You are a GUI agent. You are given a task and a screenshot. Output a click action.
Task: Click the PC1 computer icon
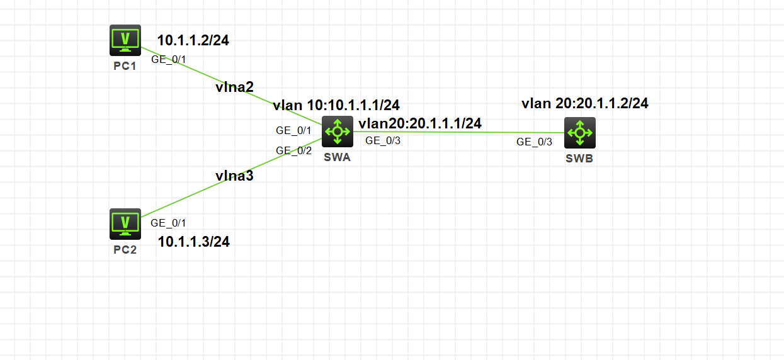coord(125,40)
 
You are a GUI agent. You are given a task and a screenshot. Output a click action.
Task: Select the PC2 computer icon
coord(125,223)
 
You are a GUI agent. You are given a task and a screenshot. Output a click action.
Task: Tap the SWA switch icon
coord(338,132)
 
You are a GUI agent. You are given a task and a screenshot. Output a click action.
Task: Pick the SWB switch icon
coord(579,133)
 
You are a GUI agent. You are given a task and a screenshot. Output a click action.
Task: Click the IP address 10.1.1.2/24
coord(193,41)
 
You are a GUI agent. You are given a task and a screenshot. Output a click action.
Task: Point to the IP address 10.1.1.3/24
coord(193,242)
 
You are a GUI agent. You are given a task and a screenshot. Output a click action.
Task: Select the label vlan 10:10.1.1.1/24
coord(336,105)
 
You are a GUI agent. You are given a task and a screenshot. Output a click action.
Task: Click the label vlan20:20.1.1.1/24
coord(420,123)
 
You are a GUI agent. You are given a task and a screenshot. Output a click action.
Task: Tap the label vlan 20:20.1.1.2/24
coord(584,103)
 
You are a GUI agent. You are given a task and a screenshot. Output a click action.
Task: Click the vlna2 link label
coord(234,87)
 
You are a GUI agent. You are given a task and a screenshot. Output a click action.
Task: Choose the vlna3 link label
coord(234,176)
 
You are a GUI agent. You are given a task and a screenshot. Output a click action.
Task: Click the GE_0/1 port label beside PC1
coord(169,60)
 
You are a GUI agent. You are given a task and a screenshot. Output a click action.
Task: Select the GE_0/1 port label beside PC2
coord(168,222)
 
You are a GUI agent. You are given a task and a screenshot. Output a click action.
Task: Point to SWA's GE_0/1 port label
coord(293,130)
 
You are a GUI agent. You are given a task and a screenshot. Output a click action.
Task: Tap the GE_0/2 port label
coord(293,150)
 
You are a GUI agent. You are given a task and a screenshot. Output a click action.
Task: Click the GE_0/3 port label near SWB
coord(534,142)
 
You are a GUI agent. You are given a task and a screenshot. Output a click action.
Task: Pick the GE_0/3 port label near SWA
coord(383,140)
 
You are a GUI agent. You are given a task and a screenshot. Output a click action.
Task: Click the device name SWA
coord(337,157)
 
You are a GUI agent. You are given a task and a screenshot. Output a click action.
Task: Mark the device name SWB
coord(579,159)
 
